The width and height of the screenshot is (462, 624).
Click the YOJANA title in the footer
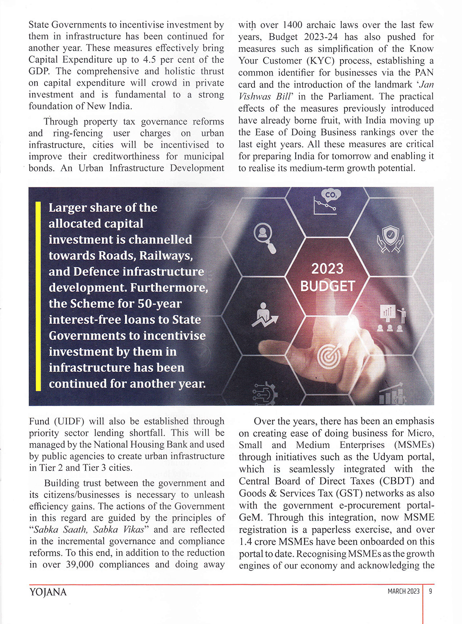(48, 592)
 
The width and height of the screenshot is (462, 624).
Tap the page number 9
(430, 591)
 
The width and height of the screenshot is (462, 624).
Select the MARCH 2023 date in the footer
(403, 591)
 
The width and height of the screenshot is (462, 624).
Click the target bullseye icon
(329, 356)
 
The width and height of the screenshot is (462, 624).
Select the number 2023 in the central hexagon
(327, 269)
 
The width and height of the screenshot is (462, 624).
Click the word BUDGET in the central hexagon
(328, 287)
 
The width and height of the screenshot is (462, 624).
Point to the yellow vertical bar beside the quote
(38, 295)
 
